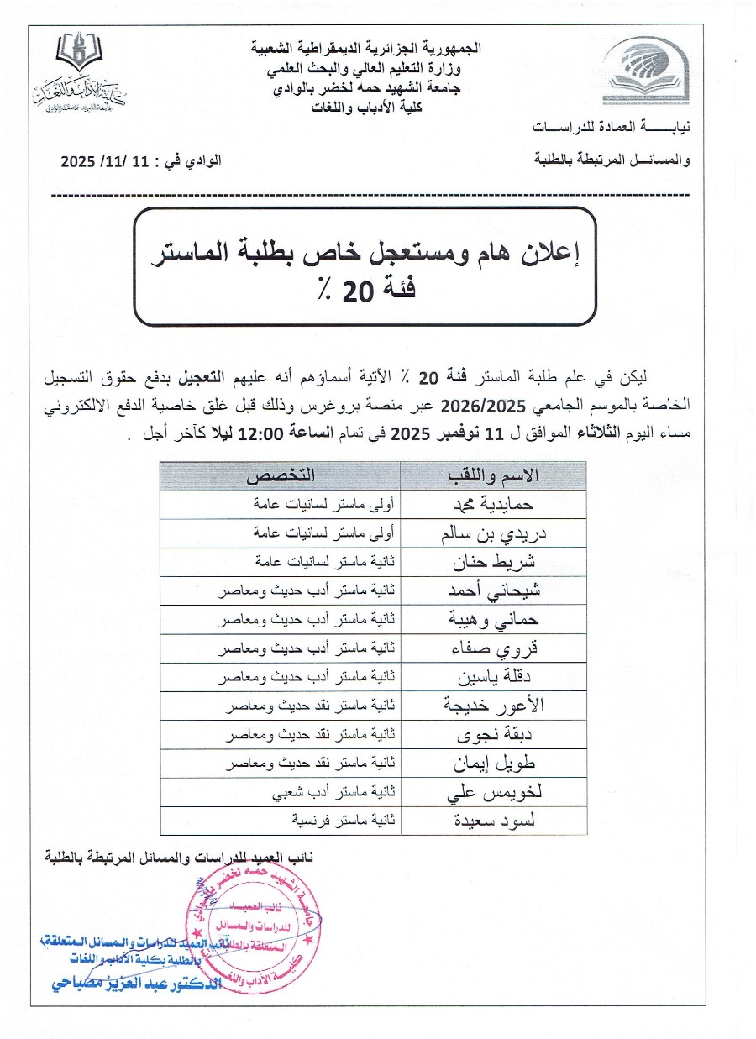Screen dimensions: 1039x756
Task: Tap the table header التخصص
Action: (x=281, y=476)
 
